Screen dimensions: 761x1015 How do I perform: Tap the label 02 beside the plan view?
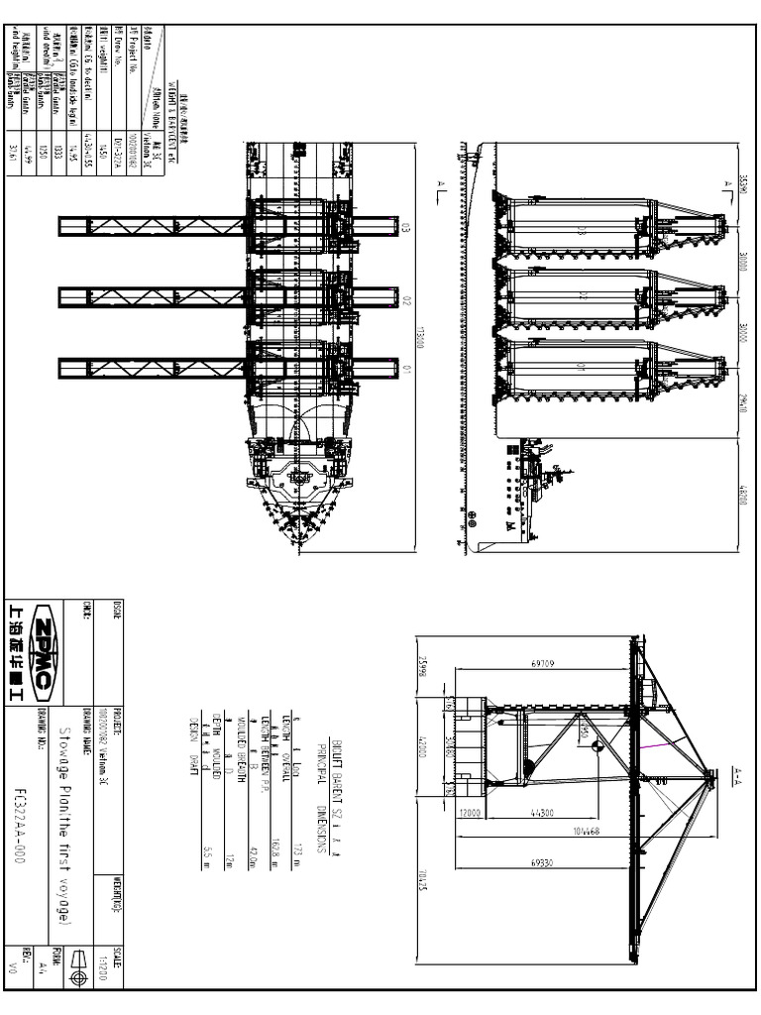[x=406, y=296]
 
